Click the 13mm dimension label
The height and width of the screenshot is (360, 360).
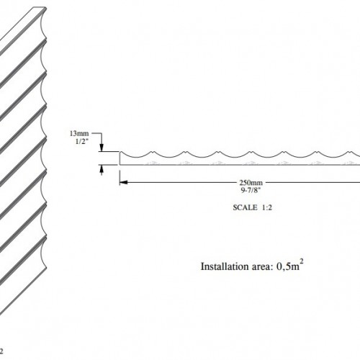pyautogui.click(x=79, y=133)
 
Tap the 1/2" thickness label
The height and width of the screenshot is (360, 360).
pyautogui.click(x=82, y=141)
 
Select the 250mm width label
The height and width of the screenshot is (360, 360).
pyautogui.click(x=251, y=183)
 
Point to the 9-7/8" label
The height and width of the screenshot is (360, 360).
pyautogui.click(x=251, y=190)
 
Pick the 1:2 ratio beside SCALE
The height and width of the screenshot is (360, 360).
pyautogui.click(x=267, y=207)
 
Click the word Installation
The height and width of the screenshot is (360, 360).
pyautogui.click(x=225, y=266)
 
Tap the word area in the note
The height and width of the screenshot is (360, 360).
pyautogui.click(x=263, y=267)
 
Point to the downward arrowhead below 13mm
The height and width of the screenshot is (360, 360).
pyautogui.click(x=102, y=148)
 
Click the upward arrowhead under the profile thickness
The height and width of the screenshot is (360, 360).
pyautogui.click(x=102, y=168)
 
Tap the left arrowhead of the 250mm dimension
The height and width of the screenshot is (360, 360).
pyautogui.click(x=123, y=182)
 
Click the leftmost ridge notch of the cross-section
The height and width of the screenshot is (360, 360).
pyautogui.click(x=153, y=152)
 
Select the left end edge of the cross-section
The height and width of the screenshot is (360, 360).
pyautogui.click(x=120, y=158)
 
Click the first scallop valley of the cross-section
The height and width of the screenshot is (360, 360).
pyautogui.click(x=136, y=158)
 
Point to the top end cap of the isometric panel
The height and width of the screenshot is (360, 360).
pyautogui.click(x=39, y=9)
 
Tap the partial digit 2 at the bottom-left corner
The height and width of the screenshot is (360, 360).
pyautogui.click(x=1, y=351)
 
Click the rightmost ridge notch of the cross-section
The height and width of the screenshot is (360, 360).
pyautogui.click(x=350, y=152)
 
